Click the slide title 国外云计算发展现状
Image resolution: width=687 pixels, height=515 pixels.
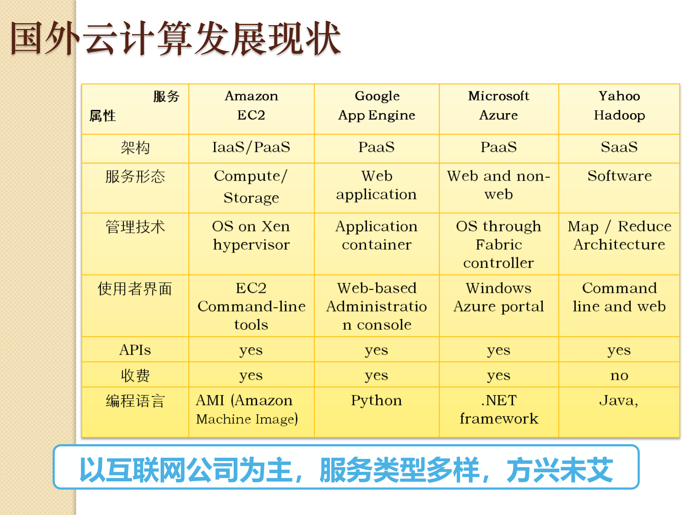pyautogui.click(x=175, y=38)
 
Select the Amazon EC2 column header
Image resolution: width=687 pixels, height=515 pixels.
pyautogui.click(x=251, y=106)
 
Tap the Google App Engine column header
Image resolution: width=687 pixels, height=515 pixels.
pyautogui.click(x=376, y=106)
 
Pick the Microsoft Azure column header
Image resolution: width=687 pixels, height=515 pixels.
pyautogui.click(x=498, y=106)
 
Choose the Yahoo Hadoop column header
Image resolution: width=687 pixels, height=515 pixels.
pyautogui.click(x=619, y=106)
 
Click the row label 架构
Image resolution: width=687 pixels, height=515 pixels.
pyautogui.click(x=135, y=148)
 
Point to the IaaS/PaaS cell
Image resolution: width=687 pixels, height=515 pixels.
pyautogui.click(x=251, y=147)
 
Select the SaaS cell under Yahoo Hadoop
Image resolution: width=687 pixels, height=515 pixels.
pyautogui.click(x=619, y=147)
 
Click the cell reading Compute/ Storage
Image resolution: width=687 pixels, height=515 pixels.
pyautogui.click(x=251, y=187)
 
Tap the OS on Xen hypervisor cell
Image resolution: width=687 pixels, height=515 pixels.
pyautogui.click(x=251, y=235)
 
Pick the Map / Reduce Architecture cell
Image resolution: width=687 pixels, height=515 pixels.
pyautogui.click(x=619, y=235)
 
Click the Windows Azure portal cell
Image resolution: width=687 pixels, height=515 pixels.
pyautogui.click(x=498, y=297)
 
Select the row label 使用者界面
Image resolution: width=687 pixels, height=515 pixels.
pyautogui.click(x=135, y=289)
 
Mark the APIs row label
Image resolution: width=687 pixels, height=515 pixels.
pyautogui.click(x=135, y=350)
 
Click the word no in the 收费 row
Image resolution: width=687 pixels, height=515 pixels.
pyautogui.click(x=619, y=376)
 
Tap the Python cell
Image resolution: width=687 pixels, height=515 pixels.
pyautogui.click(x=376, y=401)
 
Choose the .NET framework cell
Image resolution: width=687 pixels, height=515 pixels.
pyautogui.click(x=498, y=409)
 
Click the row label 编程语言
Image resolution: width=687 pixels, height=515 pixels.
pyautogui.click(x=135, y=401)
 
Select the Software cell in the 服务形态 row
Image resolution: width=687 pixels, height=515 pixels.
pyautogui.click(x=619, y=176)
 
